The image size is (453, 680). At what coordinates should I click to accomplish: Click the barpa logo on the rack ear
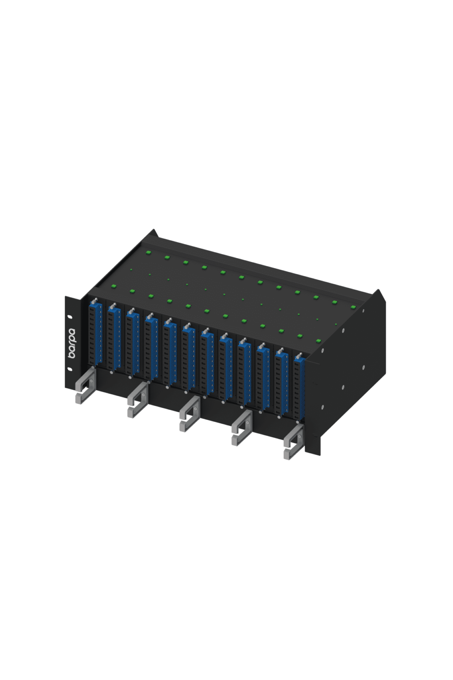click(71, 342)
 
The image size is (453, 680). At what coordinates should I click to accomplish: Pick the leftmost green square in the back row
click(148, 252)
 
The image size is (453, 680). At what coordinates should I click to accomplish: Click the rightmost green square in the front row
click(318, 341)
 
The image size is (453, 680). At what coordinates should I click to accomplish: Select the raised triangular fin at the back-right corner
click(380, 297)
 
